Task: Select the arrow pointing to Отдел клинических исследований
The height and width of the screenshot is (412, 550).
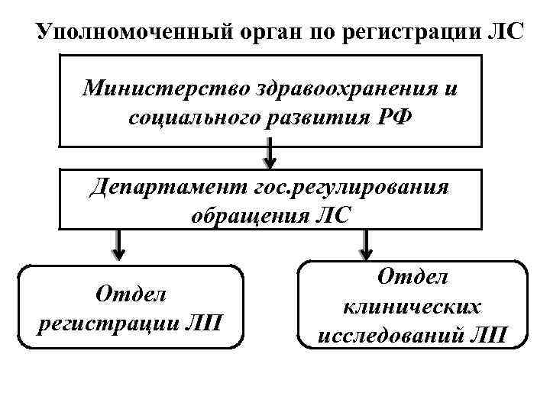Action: tap(366, 244)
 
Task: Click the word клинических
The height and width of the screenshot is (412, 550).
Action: tap(412, 307)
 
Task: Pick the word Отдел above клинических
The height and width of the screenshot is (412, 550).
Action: tap(412, 279)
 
